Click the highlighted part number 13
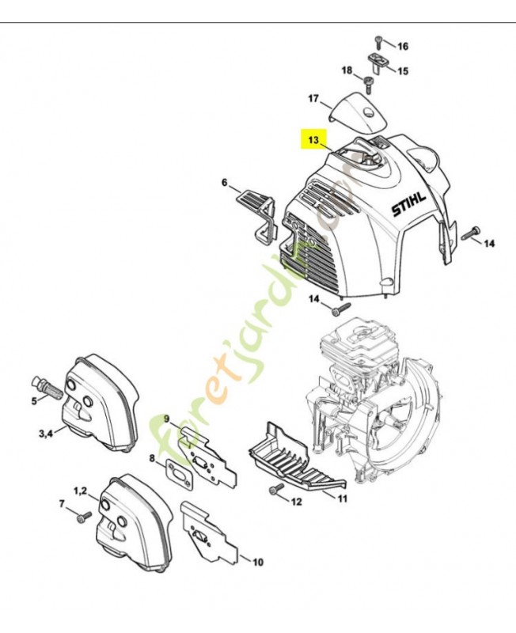pos(313,140)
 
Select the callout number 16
pos(402,44)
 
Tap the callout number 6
pos(224,183)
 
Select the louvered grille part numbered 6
pos(255,208)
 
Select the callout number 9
pos(167,419)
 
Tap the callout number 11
pos(342,498)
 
